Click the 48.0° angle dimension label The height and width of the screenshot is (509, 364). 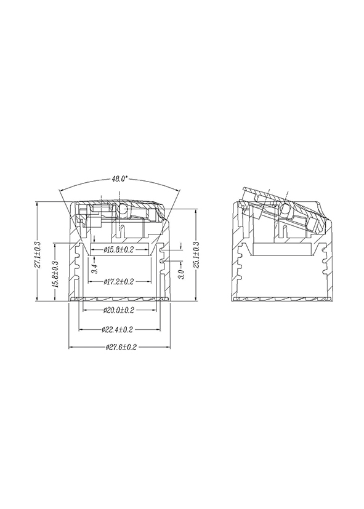pyautogui.click(x=120, y=179)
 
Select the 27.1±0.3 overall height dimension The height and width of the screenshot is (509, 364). pyautogui.click(x=38, y=255)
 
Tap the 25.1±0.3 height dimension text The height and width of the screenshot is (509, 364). pyautogui.click(x=196, y=255)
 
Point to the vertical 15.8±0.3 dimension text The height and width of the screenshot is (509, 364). pyautogui.click(x=55, y=274)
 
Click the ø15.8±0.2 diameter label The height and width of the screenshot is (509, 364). pyautogui.click(x=119, y=250)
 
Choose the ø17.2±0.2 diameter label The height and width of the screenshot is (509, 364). pyautogui.click(x=119, y=281)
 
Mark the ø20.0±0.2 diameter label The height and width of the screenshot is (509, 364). pyautogui.click(x=119, y=310)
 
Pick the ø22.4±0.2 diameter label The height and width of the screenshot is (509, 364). pyautogui.click(x=118, y=330)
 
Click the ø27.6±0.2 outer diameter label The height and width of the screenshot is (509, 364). pyautogui.click(x=121, y=347)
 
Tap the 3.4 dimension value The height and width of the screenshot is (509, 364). pyautogui.click(x=94, y=269)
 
